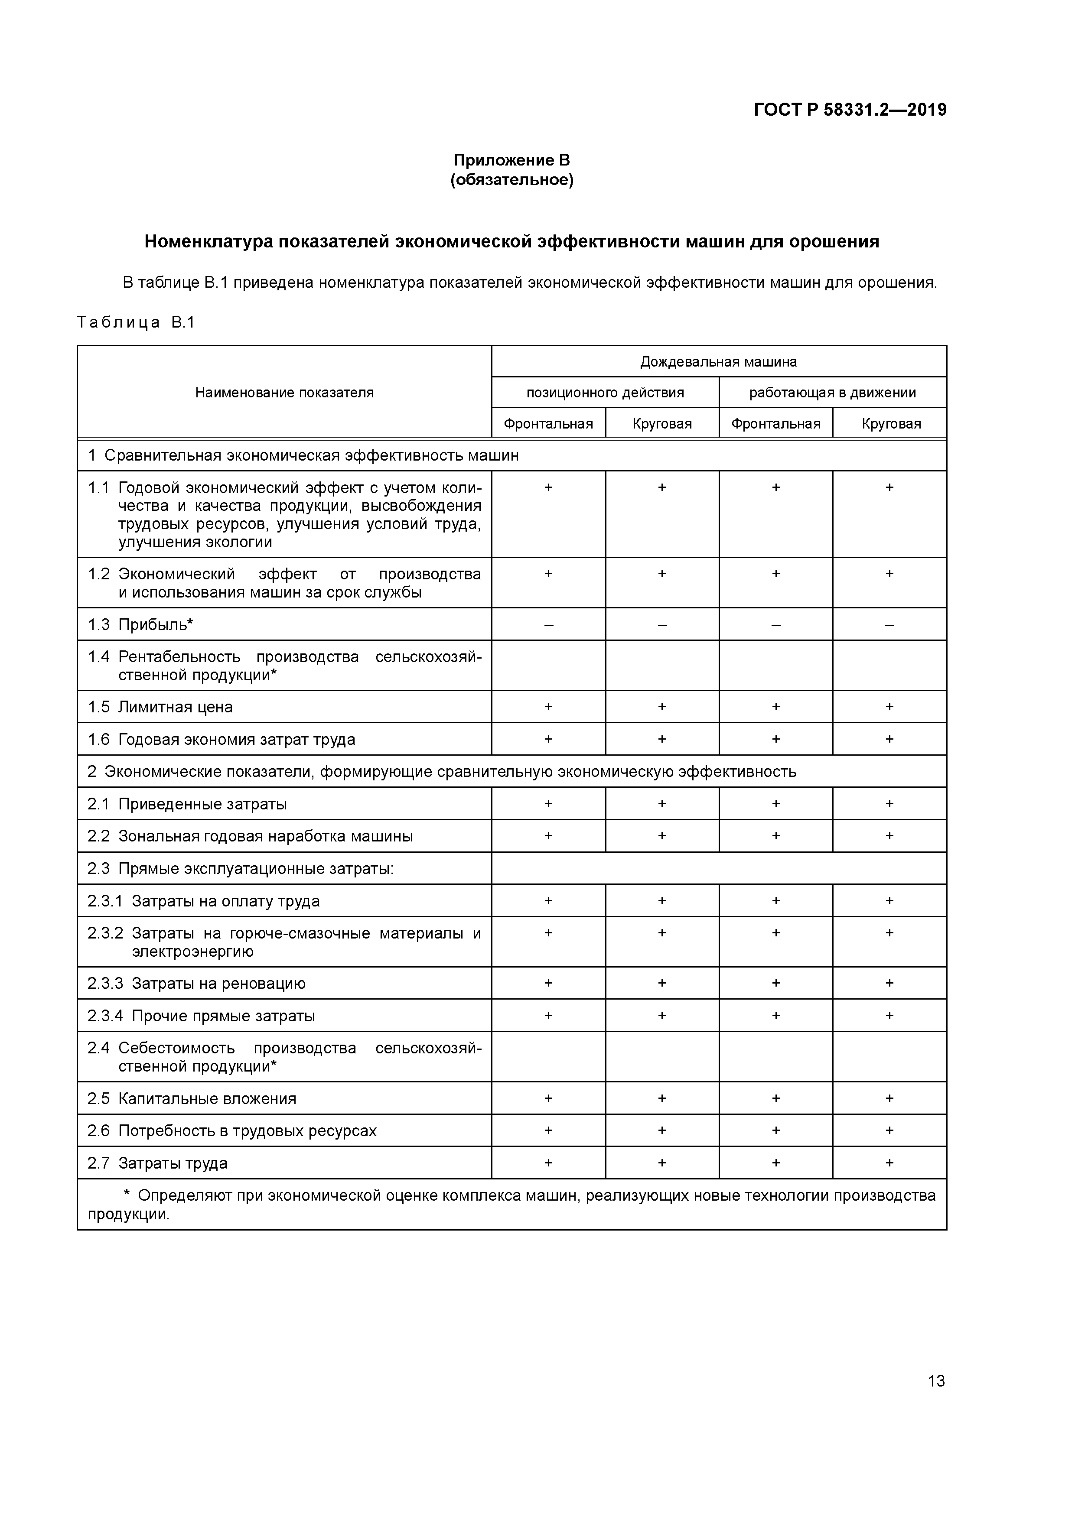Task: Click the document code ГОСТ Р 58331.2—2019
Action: point(850,109)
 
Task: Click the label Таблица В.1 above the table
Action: point(136,322)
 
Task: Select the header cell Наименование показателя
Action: point(284,393)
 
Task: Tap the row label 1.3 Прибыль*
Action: point(140,624)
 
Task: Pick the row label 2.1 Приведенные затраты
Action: point(187,804)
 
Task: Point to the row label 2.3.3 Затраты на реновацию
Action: point(197,983)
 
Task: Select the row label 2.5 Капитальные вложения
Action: point(192,1098)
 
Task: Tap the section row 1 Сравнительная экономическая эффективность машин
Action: point(303,455)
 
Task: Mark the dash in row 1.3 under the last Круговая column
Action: point(889,624)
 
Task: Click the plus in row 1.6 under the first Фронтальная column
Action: point(548,739)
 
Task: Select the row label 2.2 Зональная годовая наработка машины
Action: point(251,836)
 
